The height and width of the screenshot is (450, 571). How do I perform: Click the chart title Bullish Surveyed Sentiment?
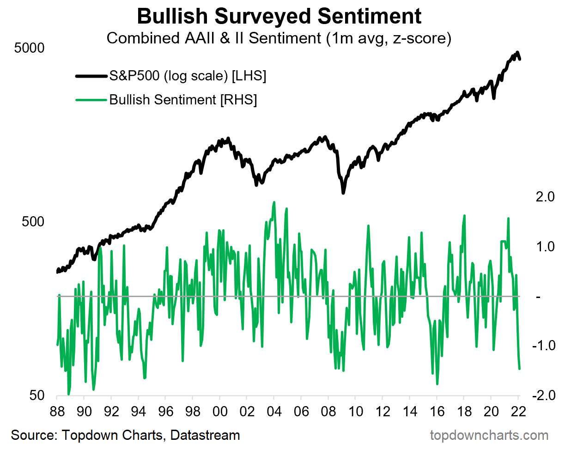(x=279, y=17)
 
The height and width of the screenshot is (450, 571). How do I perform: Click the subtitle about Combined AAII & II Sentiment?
(x=279, y=38)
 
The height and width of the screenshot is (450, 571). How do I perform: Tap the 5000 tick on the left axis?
(x=30, y=48)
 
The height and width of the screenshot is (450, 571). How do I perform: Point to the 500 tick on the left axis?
(x=33, y=222)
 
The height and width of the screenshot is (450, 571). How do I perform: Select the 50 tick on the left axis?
(x=37, y=395)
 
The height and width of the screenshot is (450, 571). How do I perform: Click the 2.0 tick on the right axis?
(x=545, y=197)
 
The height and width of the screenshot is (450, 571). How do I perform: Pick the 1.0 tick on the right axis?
(x=545, y=247)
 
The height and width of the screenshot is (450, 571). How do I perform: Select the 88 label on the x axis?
(x=57, y=411)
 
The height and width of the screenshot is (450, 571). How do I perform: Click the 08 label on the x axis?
(x=328, y=411)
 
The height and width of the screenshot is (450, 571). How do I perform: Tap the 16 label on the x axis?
(x=437, y=411)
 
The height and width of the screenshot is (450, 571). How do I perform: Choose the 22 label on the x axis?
(x=518, y=411)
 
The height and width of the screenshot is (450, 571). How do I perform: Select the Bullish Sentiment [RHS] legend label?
(x=183, y=100)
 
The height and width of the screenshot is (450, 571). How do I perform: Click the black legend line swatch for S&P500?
(x=91, y=76)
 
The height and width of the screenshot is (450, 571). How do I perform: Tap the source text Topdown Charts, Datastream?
(x=125, y=435)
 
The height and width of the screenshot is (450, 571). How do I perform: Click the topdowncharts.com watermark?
(x=489, y=435)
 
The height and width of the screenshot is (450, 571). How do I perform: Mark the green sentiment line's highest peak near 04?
(x=274, y=202)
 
